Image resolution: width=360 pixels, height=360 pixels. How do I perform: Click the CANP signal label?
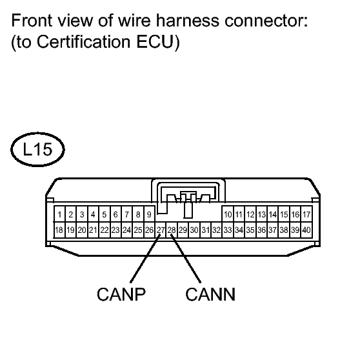coord(121,294)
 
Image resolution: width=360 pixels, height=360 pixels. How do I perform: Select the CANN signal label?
coord(210,294)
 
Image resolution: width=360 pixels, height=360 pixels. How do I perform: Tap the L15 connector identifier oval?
coord(37,149)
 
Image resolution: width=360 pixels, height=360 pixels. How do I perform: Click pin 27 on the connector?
coord(161,230)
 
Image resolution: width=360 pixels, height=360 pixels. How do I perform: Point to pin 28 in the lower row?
coord(172,230)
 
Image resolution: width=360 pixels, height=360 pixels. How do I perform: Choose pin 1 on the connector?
coord(59,214)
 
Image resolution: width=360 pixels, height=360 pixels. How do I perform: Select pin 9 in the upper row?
coord(149,214)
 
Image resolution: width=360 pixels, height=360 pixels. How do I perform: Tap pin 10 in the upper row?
coord(228,214)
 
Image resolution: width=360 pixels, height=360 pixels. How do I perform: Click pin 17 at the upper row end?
coord(306,214)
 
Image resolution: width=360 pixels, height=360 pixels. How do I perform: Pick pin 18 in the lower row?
coord(59,230)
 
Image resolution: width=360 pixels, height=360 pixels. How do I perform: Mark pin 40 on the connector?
coord(306,230)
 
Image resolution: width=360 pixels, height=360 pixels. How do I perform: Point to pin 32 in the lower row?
coord(217,230)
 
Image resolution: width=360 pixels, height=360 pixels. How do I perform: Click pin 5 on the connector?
coord(105,214)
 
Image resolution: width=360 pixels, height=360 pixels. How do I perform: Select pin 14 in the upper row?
coord(273,214)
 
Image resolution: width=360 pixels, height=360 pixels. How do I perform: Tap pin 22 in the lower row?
coord(105,230)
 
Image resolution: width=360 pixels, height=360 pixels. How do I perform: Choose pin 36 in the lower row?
coord(261,230)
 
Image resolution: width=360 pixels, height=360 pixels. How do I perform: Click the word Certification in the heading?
coord(84,42)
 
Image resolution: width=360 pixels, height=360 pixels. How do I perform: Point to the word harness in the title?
coord(188,21)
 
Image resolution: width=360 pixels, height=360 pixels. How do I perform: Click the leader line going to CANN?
coord(186,259)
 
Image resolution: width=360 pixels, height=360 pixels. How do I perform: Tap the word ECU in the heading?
coord(155,42)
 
